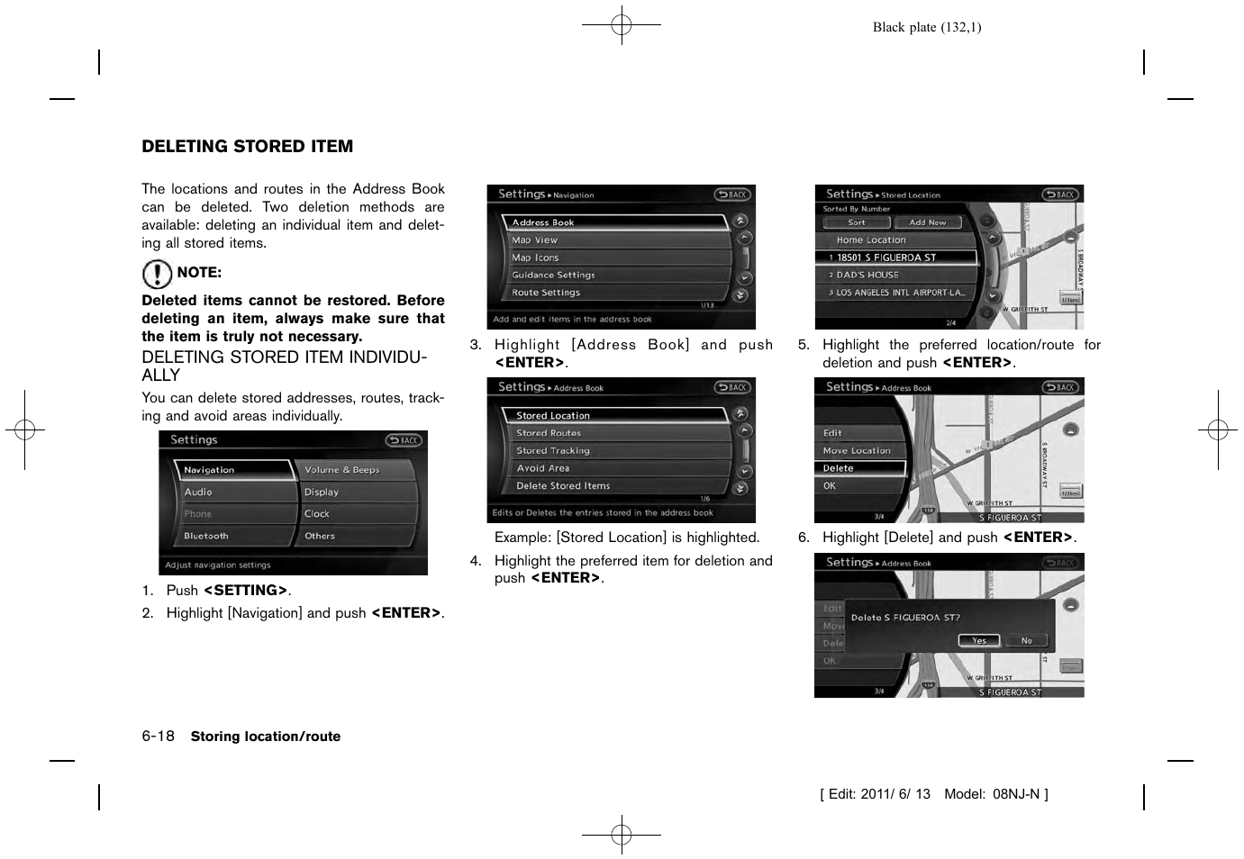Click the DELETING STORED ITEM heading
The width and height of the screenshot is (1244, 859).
(247, 147)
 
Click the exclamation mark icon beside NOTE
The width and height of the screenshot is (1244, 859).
(157, 274)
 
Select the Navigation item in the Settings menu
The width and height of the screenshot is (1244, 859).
(232, 470)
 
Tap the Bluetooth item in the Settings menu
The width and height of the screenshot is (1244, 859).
(232, 536)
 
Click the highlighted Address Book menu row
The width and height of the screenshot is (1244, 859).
(613, 222)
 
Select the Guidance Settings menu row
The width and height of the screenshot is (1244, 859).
(613, 276)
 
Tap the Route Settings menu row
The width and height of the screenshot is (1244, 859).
(613, 293)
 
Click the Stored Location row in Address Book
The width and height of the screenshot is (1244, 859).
(613, 416)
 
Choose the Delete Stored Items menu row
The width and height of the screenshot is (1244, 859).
(613, 486)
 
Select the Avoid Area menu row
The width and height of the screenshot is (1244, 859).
(613, 468)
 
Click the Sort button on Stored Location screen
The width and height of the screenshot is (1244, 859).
(856, 222)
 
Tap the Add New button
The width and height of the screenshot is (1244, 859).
(927, 222)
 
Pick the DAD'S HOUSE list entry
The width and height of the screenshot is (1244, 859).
(896, 276)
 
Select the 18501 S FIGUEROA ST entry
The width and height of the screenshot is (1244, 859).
(896, 258)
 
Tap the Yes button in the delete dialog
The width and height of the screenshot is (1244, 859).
(979, 641)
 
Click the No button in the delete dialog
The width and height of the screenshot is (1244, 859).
(1027, 641)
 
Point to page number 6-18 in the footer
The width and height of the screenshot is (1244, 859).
(159, 736)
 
